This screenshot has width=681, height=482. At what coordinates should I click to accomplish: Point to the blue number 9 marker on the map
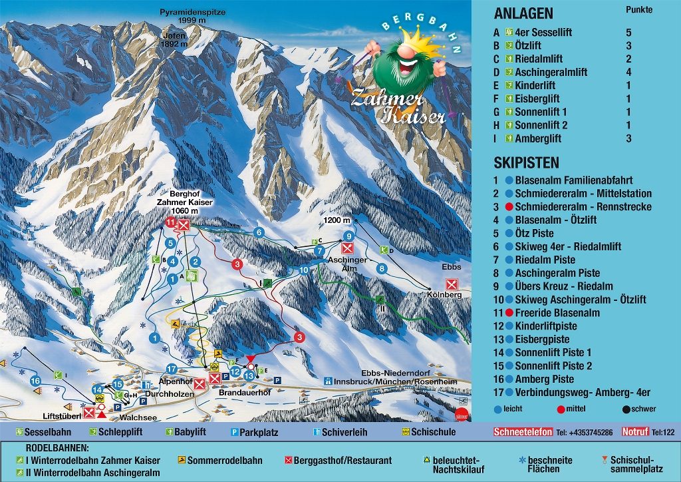[x=348, y=236]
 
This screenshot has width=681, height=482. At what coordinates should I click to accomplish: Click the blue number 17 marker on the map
[x=171, y=369]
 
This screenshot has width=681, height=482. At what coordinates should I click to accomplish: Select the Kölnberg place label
[x=445, y=294]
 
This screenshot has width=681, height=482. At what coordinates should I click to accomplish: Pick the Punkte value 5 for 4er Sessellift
[x=628, y=32]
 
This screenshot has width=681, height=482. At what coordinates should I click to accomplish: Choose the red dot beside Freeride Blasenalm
[x=509, y=313]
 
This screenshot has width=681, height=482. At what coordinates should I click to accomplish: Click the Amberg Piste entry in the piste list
[x=543, y=379]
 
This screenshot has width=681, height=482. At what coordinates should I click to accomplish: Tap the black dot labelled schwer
[x=626, y=409]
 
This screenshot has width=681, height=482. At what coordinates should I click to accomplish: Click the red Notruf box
[x=635, y=432]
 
